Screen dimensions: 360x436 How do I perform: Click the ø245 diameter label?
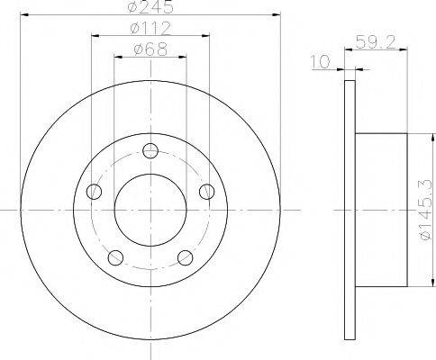(150, 8)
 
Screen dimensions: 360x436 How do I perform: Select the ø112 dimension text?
(150, 30)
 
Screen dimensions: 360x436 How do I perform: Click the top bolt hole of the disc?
(150, 150)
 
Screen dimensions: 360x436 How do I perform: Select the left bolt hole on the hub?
(93, 191)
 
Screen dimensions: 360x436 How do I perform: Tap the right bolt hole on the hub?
(207, 191)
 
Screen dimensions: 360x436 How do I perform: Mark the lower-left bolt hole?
(114, 257)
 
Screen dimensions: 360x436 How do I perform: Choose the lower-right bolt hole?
(185, 257)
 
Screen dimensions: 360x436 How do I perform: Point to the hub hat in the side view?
(382, 209)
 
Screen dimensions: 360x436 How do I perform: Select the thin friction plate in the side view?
(350, 209)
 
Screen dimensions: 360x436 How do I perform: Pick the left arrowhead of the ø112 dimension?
(94, 37)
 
